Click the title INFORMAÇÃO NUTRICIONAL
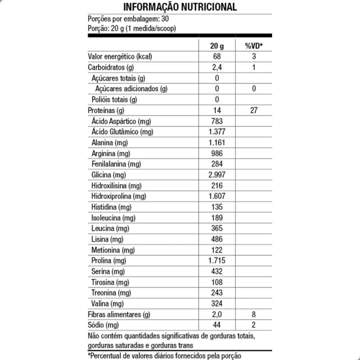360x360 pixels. pyautogui.click(x=180, y=7)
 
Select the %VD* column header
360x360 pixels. pyautogui.click(x=254, y=46)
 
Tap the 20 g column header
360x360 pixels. pyautogui.click(x=217, y=46)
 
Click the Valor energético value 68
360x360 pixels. pyautogui.click(x=217, y=56)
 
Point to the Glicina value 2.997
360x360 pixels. pyautogui.click(x=217, y=175)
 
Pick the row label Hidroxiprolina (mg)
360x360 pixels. pyautogui.click(x=119, y=196)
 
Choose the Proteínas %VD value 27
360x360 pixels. pyautogui.click(x=254, y=110)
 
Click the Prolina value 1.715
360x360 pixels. pyautogui.click(x=217, y=260)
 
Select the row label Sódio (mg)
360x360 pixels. pyautogui.click(x=103, y=325)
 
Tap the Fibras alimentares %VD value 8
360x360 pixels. pyautogui.click(x=254, y=314)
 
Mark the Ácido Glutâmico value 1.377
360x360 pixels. pyautogui.click(x=217, y=132)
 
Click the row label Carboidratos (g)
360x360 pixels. pyautogui.click(x=111, y=67)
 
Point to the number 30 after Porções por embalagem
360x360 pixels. pyautogui.click(x=165, y=19)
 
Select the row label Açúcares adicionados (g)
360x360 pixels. pyautogui.click(x=131, y=89)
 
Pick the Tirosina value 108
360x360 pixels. pyautogui.click(x=217, y=282)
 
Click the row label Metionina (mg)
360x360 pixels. pyautogui.click(x=113, y=250)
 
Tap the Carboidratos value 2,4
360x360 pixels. pyautogui.click(x=217, y=67)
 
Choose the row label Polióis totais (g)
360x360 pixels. pyautogui.click(x=114, y=100)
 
